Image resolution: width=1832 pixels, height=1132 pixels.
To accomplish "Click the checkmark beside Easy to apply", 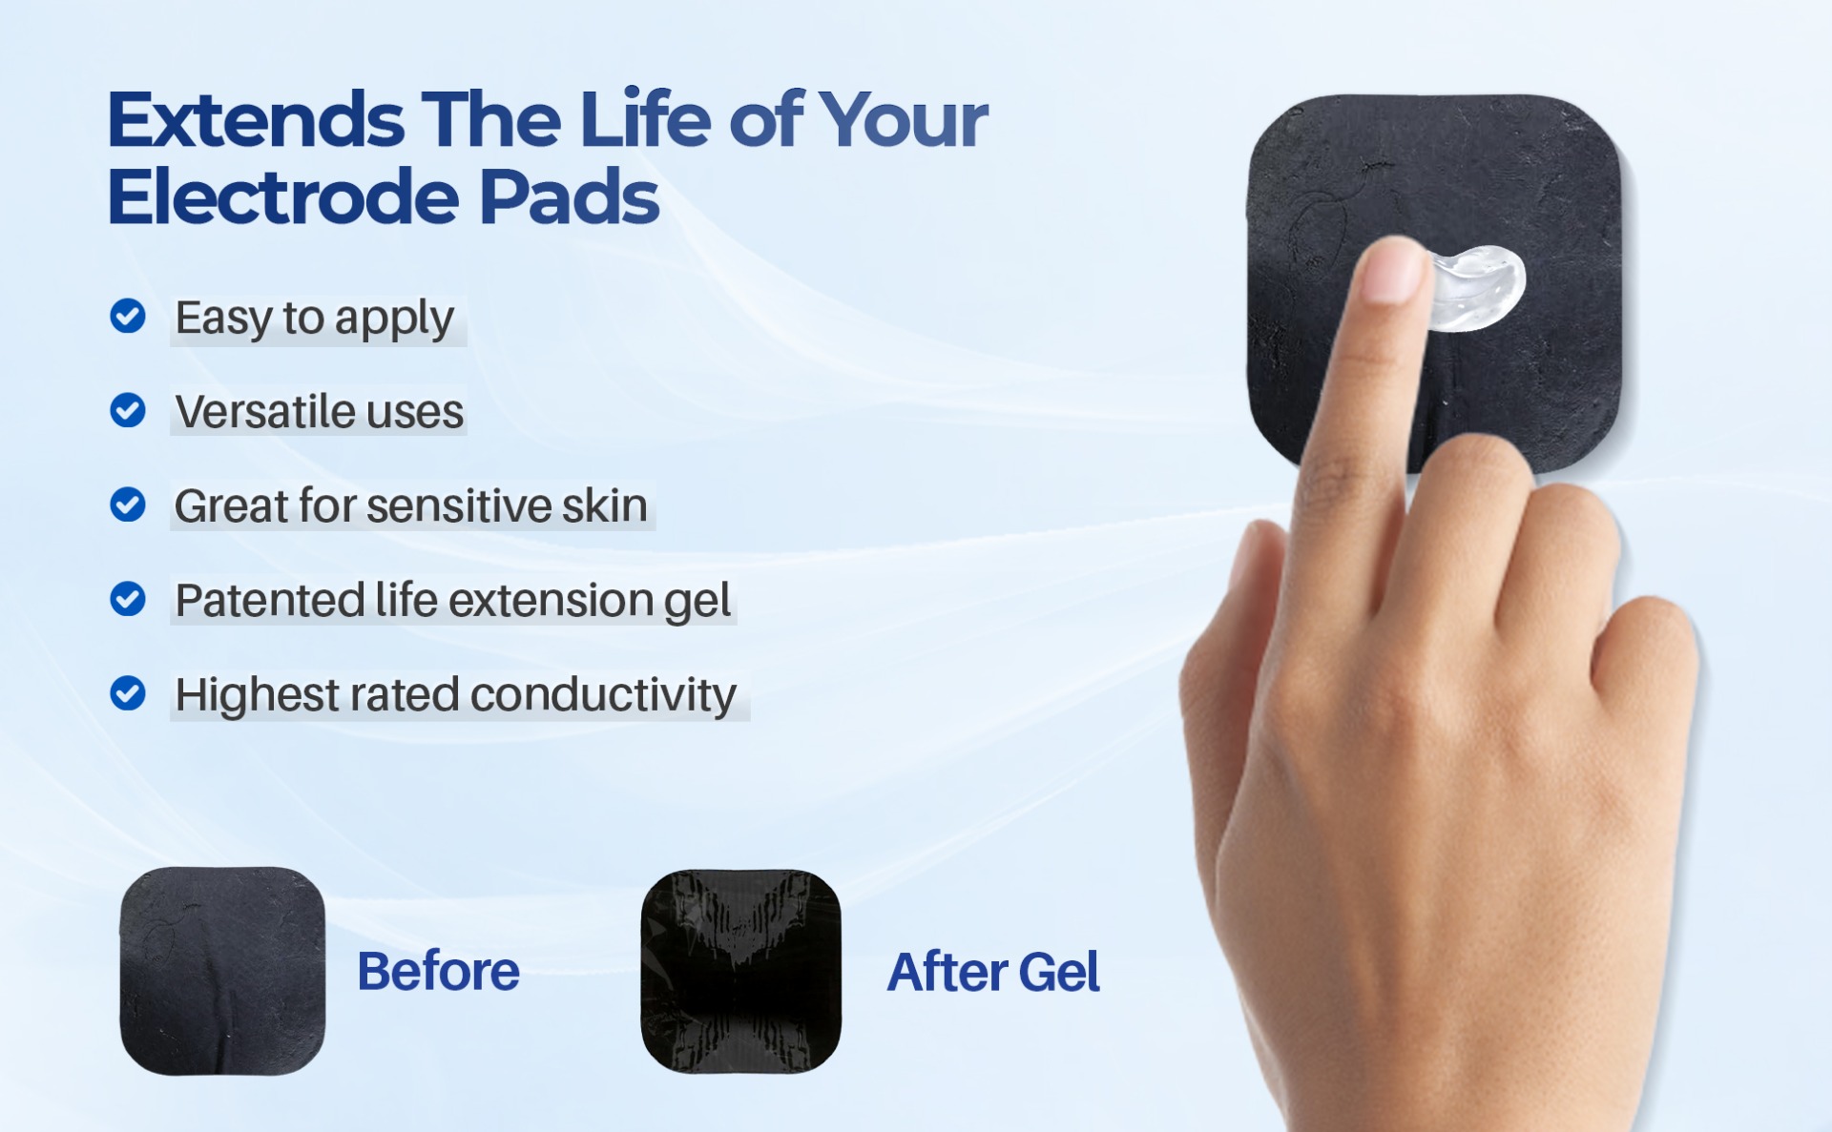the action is [x=128, y=316].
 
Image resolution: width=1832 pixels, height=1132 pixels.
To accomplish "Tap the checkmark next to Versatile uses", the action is [x=128, y=410].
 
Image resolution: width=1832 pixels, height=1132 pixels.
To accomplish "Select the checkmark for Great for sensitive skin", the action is [x=128, y=504].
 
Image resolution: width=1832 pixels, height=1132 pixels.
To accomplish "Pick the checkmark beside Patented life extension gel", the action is [x=128, y=599].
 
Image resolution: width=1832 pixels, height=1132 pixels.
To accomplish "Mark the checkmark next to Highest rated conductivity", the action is [x=128, y=693].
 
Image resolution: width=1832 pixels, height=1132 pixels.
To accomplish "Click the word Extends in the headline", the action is [x=256, y=120].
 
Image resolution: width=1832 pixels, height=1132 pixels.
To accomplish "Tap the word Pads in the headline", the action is [x=569, y=197].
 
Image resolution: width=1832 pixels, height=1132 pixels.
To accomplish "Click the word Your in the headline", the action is [x=903, y=120].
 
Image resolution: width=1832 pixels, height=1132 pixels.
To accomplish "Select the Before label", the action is [x=438, y=972].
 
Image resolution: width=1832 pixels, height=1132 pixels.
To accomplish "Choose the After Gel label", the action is [x=993, y=972].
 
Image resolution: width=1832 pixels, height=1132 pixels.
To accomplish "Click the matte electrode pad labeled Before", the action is [x=222, y=971].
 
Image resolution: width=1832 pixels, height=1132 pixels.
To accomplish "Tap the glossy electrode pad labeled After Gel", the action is [x=740, y=971].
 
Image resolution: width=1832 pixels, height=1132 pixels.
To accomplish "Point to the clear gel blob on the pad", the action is [x=1475, y=287].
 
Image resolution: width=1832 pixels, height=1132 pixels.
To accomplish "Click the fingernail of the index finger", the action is [x=1394, y=270].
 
